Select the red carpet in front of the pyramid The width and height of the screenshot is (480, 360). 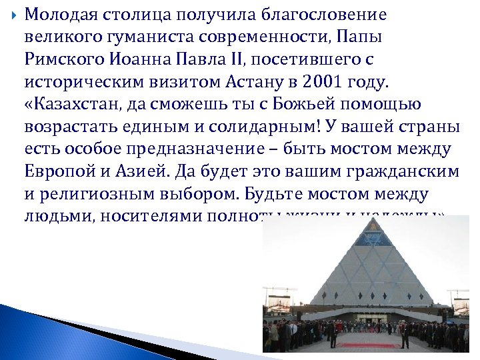pyautogui.click(x=367, y=345)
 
